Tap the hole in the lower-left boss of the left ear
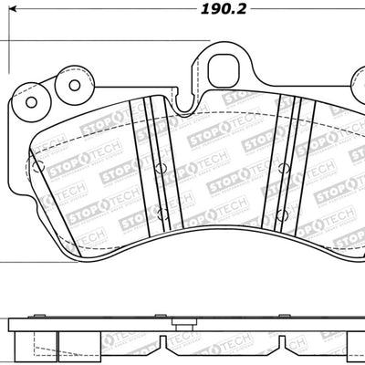(35, 100)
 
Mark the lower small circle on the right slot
(285, 214)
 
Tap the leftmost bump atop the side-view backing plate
(40, 315)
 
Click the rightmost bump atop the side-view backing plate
(338, 315)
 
